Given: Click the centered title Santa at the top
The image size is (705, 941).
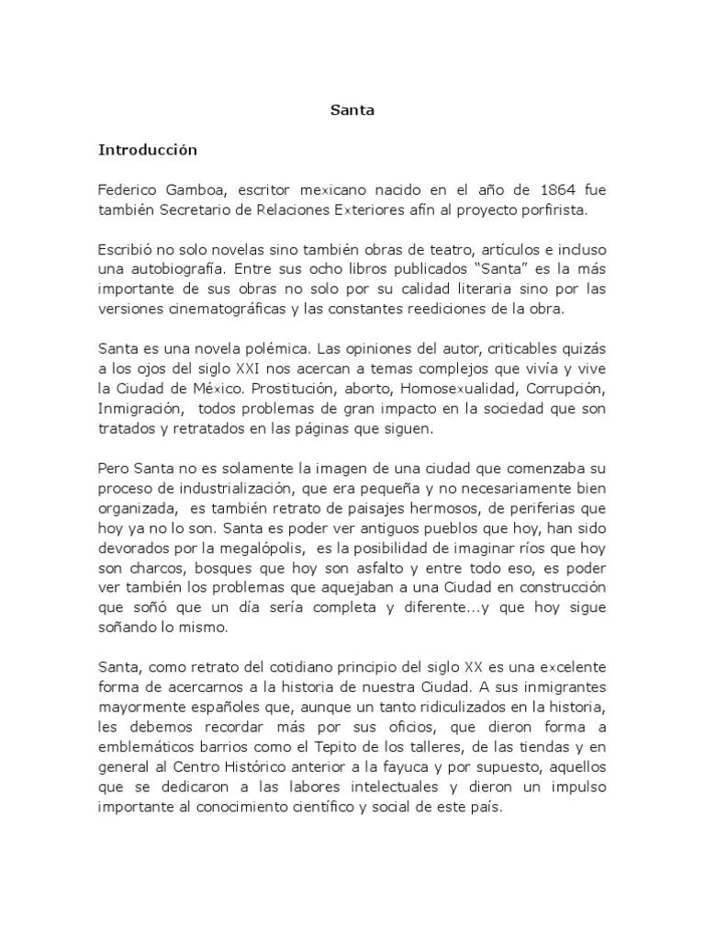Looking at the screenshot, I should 352,111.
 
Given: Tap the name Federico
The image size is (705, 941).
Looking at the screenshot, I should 128,190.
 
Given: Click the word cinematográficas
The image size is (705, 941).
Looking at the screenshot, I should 216,310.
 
